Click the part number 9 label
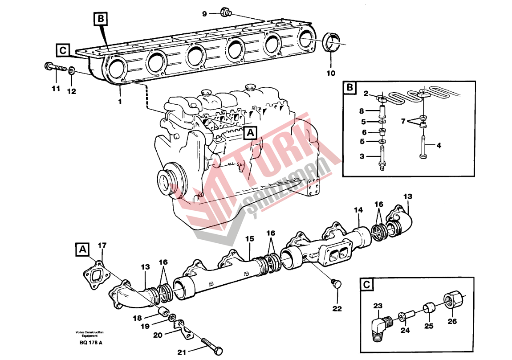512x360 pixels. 205,14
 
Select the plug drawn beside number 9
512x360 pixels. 224,12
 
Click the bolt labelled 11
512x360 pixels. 56,69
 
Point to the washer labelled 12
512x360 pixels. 72,71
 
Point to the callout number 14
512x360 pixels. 358,210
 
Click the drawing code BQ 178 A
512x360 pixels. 91,342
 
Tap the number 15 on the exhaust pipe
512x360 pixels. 249,239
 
